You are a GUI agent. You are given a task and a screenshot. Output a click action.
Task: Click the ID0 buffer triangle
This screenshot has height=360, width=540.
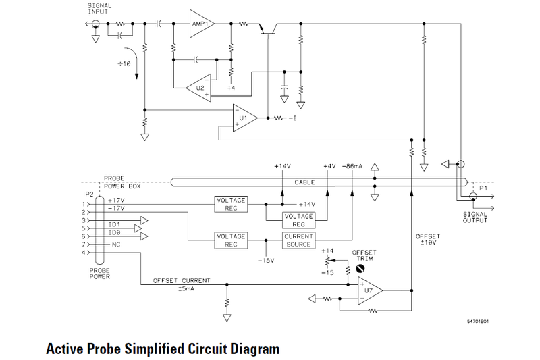140,229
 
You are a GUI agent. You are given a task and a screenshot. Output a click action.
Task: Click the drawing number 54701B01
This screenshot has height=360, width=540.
477,322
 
